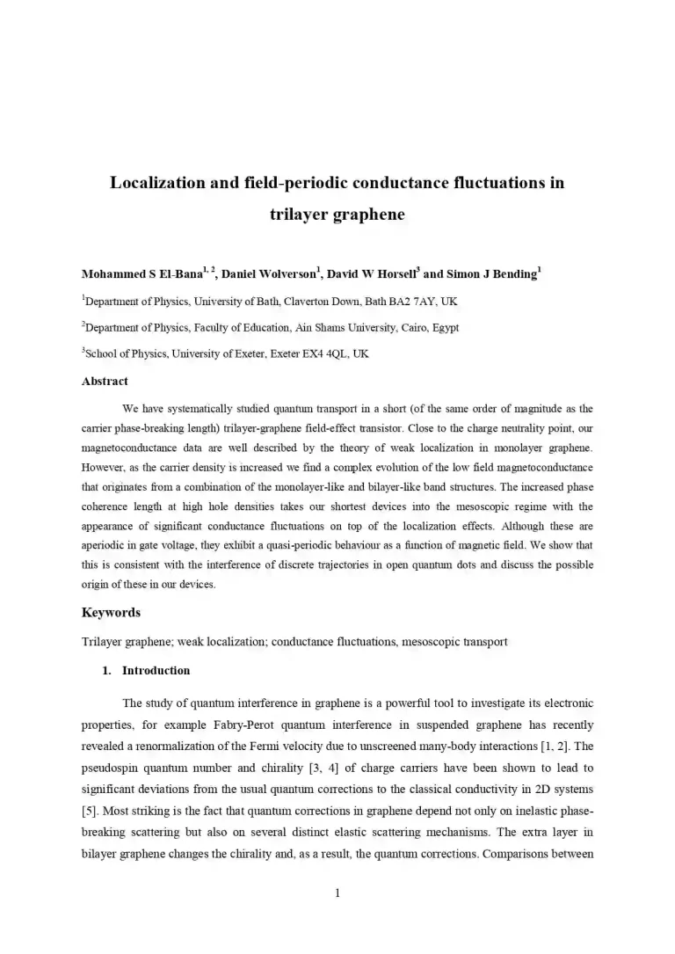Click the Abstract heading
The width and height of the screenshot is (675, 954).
105,381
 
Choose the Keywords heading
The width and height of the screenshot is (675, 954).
111,612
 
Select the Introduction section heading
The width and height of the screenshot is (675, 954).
156,670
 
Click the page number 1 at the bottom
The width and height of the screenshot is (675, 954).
337,893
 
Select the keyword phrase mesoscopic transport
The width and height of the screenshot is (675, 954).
454,641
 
